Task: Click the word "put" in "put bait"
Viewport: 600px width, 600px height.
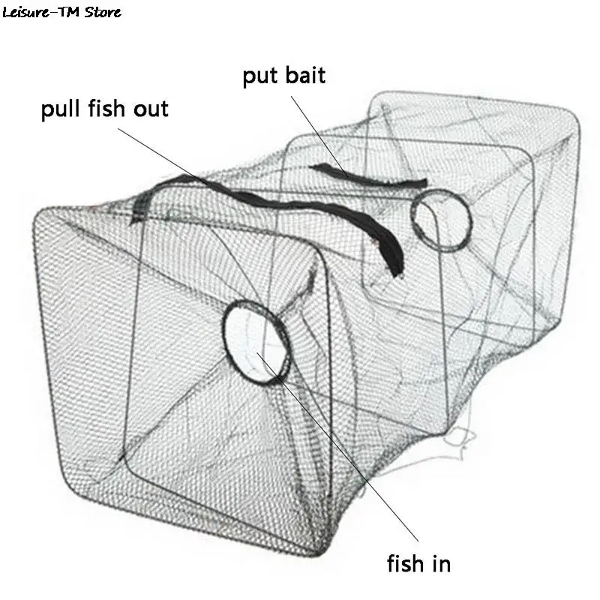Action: coord(258,76)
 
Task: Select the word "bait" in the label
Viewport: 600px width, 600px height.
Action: coord(304,76)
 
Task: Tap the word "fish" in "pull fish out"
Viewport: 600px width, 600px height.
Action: coord(106,109)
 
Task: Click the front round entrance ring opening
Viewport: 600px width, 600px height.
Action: coord(256,340)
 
